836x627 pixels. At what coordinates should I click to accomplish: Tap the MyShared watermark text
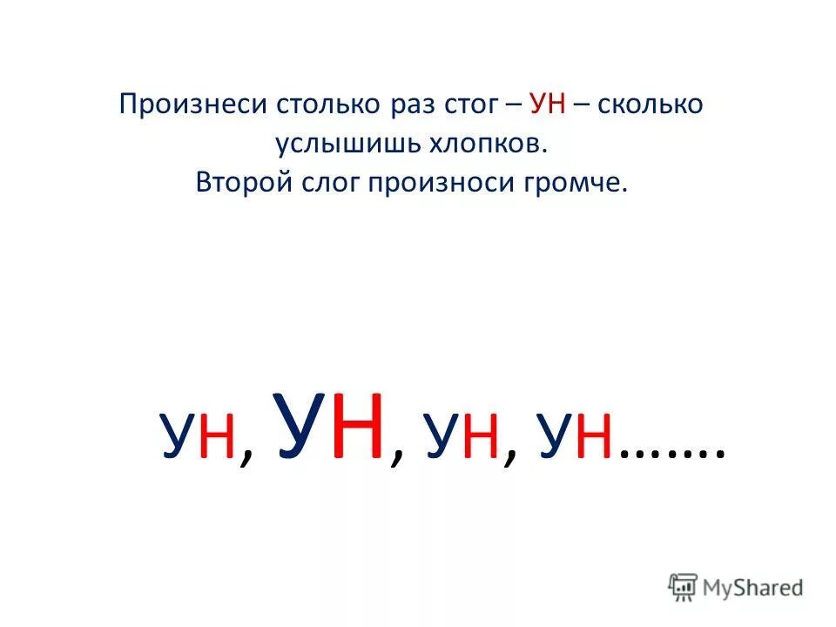coord(756,588)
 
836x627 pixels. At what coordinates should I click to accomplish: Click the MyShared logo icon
coord(682,587)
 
